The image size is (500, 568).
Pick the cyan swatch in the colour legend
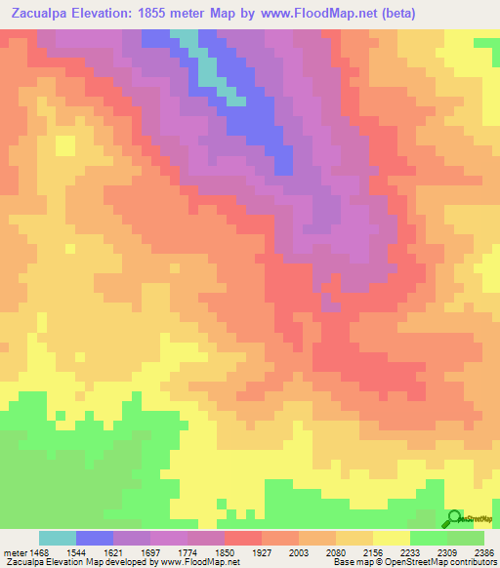point(58,538)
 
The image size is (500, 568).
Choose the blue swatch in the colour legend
point(95,538)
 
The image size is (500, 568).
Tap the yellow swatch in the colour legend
point(392,538)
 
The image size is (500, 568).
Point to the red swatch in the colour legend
point(243,538)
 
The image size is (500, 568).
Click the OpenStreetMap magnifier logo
point(455,518)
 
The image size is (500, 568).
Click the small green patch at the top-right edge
point(487,43)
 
